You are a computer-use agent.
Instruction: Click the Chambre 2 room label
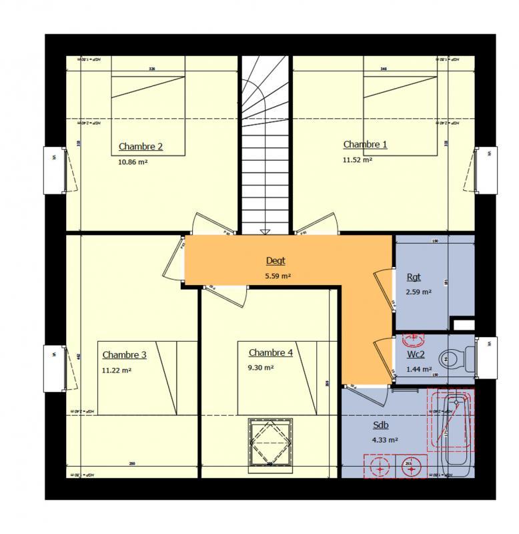(x=141, y=147)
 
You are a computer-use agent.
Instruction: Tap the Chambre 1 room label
(x=365, y=144)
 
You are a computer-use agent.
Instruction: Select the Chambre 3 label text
(x=124, y=355)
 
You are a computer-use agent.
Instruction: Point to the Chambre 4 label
(x=270, y=352)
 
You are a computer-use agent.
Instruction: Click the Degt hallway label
(x=276, y=261)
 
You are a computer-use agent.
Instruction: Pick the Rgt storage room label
(x=414, y=278)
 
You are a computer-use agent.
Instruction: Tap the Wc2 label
(x=416, y=354)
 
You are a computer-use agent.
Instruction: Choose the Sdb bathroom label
(x=381, y=425)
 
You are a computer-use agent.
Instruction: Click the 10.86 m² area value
(x=133, y=162)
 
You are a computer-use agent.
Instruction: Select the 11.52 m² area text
(x=357, y=160)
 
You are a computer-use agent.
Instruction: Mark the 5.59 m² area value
(x=278, y=276)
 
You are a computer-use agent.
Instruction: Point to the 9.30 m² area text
(x=260, y=368)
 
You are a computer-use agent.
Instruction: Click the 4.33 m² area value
(x=385, y=440)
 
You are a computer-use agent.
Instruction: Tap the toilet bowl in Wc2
(x=455, y=358)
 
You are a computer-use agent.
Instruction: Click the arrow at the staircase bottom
(x=265, y=232)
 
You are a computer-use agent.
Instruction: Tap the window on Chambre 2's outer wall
(x=56, y=170)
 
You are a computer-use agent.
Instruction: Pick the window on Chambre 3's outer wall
(x=56, y=368)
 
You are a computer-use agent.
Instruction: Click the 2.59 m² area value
(x=419, y=292)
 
